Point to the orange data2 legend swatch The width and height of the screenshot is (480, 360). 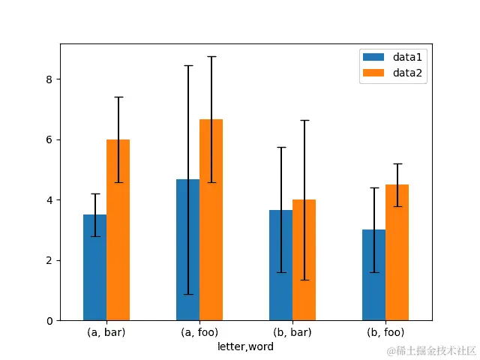tap(373, 73)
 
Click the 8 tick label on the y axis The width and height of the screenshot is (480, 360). tap(49, 79)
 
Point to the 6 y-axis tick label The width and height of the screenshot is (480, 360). tap(49, 139)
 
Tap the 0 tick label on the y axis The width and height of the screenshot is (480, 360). tap(49, 321)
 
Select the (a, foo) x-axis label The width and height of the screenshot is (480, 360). tap(199, 332)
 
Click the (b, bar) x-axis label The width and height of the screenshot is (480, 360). tap(292, 332)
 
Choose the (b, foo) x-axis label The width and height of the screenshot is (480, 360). tap(385, 332)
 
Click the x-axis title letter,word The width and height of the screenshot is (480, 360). tap(245, 346)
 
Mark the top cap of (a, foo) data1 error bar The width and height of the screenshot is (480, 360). tap(188, 66)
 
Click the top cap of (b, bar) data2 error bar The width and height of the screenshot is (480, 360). tap(304, 120)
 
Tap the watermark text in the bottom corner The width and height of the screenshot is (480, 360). tap(431, 350)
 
